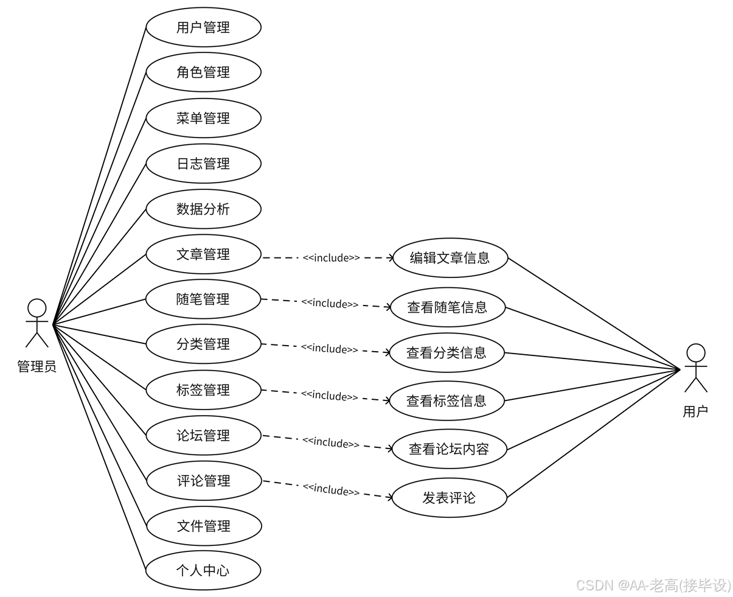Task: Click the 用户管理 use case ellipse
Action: point(203,27)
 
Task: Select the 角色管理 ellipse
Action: point(203,72)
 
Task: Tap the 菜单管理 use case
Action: point(203,118)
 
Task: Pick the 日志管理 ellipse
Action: point(203,164)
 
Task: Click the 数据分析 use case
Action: point(203,209)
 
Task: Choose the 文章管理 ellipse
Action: point(203,254)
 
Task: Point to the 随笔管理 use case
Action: point(203,299)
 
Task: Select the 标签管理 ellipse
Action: point(203,390)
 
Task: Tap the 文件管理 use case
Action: point(204,526)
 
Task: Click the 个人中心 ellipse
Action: point(203,571)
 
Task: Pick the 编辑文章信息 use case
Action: point(450,258)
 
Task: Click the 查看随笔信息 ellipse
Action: point(448,307)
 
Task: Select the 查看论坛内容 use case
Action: point(449,449)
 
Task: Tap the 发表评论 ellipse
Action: point(449,498)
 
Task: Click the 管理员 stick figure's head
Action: point(37,308)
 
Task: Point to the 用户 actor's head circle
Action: point(696,353)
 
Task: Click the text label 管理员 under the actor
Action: point(37,366)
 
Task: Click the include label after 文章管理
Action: point(331,258)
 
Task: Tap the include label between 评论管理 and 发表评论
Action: point(331,489)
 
